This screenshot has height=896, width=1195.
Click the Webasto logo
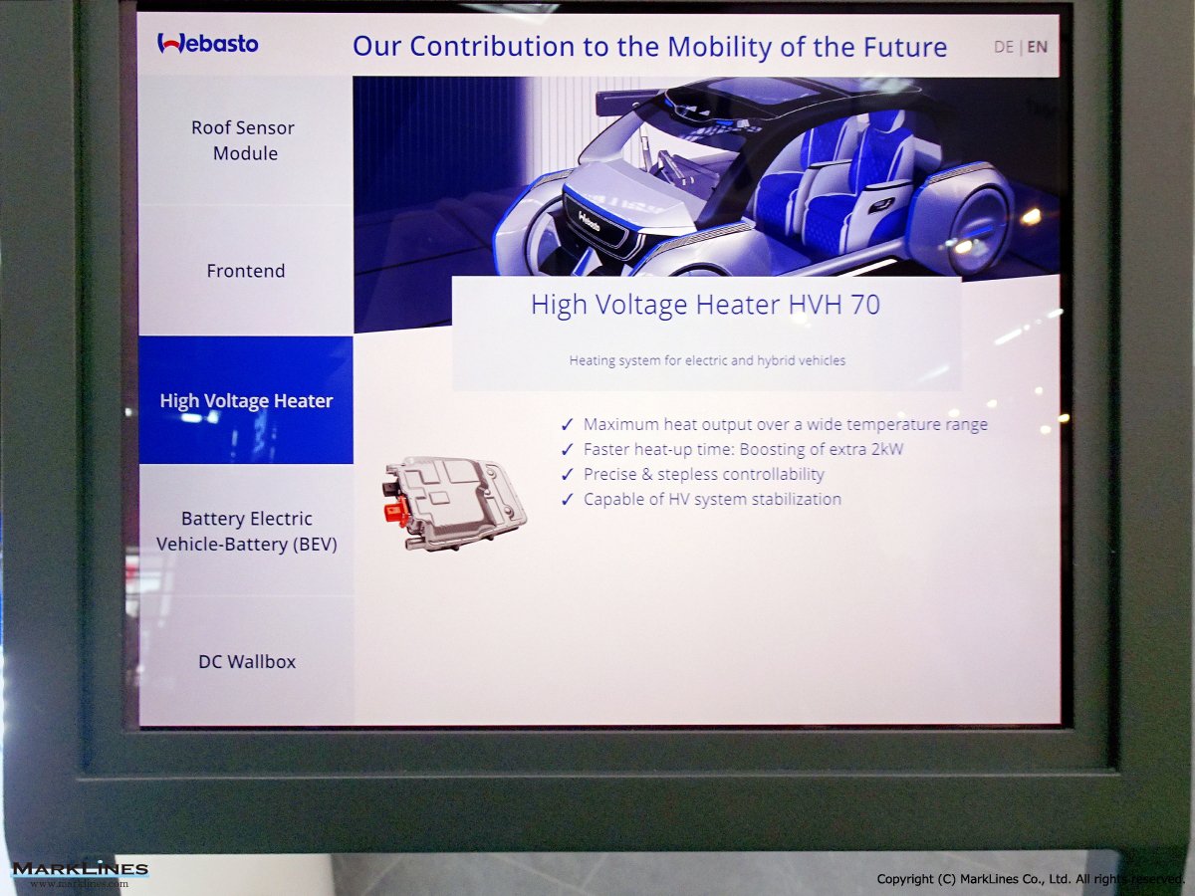(208, 44)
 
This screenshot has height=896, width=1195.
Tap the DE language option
(1004, 48)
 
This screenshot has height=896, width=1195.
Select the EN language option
(1037, 48)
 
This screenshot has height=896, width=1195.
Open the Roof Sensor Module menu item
(243, 140)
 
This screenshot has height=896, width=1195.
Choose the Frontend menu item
(246, 271)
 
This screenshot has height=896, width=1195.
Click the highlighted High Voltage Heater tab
(246, 400)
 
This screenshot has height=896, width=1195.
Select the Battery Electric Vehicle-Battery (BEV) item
(247, 531)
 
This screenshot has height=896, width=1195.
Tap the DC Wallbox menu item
(247, 661)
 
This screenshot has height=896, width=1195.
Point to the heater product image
(454, 503)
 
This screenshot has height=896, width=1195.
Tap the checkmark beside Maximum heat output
(568, 424)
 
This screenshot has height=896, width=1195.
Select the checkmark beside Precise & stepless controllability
(568, 475)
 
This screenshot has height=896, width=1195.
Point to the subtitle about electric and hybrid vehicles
(707, 360)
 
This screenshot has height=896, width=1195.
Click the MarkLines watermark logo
(80, 874)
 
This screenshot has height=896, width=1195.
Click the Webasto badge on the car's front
(590, 221)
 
